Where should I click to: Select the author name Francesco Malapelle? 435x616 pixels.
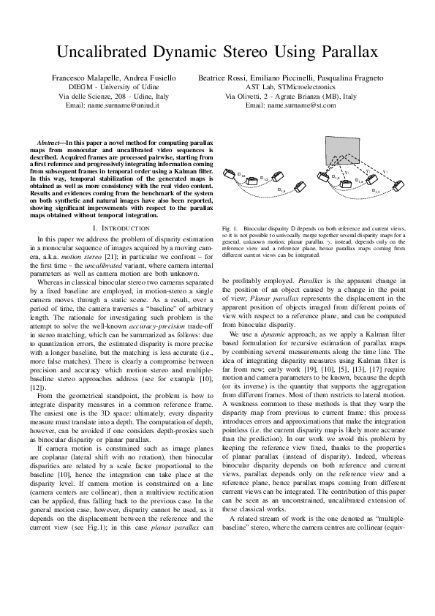83,77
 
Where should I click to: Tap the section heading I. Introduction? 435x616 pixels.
113,229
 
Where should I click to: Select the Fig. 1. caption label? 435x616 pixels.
230,229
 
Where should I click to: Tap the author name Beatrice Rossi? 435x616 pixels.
219,77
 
